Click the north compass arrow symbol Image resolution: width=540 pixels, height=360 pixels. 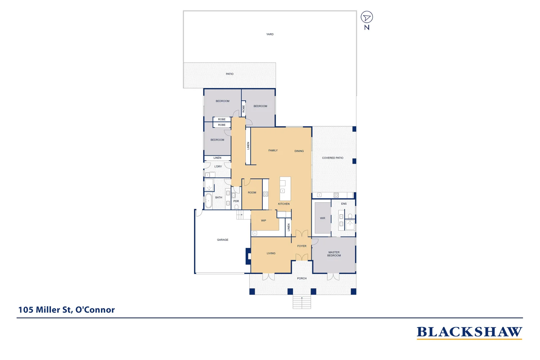pyautogui.click(x=367, y=17)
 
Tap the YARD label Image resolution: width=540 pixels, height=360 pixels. pyautogui.click(x=270, y=34)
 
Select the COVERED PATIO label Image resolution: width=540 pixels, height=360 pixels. pyautogui.click(x=332, y=158)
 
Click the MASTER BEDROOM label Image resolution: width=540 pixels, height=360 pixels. pyautogui.click(x=334, y=254)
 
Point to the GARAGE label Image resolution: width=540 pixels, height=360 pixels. pyautogui.click(x=223, y=240)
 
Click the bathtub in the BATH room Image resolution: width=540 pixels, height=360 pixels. pyautogui.click(x=208, y=201)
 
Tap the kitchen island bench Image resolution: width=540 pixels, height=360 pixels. pyautogui.click(x=285, y=189)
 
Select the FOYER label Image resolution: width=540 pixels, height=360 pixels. pyautogui.click(x=302, y=246)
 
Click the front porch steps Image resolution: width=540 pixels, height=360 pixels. pyautogui.click(x=302, y=302)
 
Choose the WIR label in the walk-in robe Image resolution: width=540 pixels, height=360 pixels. pyautogui.click(x=322, y=218)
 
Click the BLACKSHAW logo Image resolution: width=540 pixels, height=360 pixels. pyautogui.click(x=469, y=332)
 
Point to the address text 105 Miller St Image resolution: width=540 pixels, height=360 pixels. pyautogui.click(x=66, y=310)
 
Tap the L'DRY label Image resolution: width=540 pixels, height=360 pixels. pyautogui.click(x=218, y=167)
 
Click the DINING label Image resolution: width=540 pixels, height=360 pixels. pyautogui.click(x=299, y=151)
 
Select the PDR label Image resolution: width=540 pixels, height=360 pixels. pyautogui.click(x=236, y=201)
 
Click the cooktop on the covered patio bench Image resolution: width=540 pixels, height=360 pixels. pyautogui.click(x=336, y=195)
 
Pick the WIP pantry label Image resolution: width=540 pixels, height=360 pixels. pyautogui.click(x=263, y=221)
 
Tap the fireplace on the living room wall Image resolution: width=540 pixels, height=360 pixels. pyautogui.click(x=248, y=256)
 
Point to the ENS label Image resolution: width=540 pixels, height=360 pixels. pyautogui.click(x=344, y=204)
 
